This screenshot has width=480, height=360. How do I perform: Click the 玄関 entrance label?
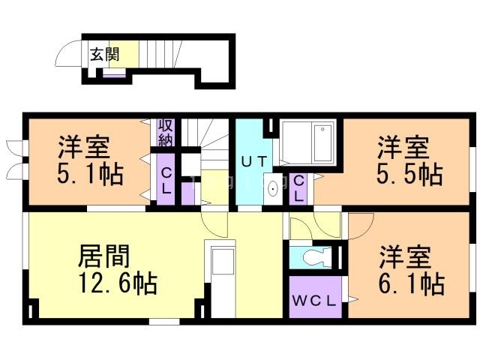105,55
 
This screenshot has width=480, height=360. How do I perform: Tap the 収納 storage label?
166,133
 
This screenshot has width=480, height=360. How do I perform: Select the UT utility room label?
254,161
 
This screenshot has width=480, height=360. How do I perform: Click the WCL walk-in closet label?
314,301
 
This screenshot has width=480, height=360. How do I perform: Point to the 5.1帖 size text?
90,175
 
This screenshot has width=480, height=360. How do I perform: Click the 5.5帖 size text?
409,175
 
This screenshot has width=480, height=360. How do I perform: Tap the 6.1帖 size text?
412,283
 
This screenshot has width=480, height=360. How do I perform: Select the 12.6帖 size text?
118,283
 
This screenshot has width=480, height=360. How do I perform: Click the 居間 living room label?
104,256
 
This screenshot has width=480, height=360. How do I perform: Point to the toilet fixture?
317,256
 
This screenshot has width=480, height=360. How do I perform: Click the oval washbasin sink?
272,188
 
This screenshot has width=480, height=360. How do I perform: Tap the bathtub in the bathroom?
323,142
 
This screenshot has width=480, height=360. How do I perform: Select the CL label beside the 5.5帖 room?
298,188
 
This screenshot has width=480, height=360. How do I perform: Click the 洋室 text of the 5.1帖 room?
83,147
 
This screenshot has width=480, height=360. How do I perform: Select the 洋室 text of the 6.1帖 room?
405,256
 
